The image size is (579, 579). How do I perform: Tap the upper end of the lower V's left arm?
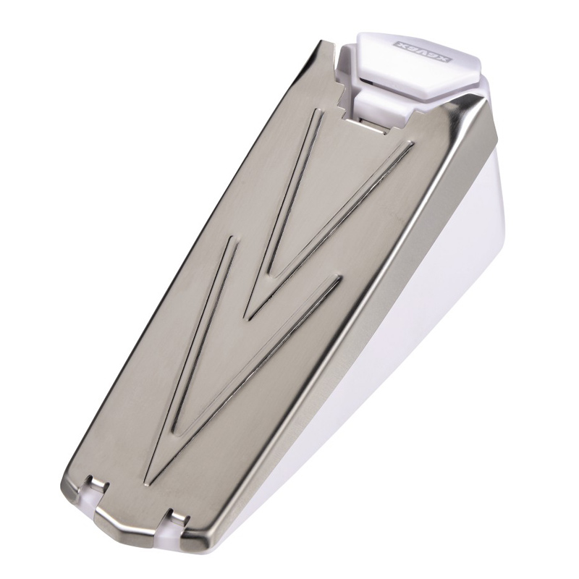click(x=231, y=240)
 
